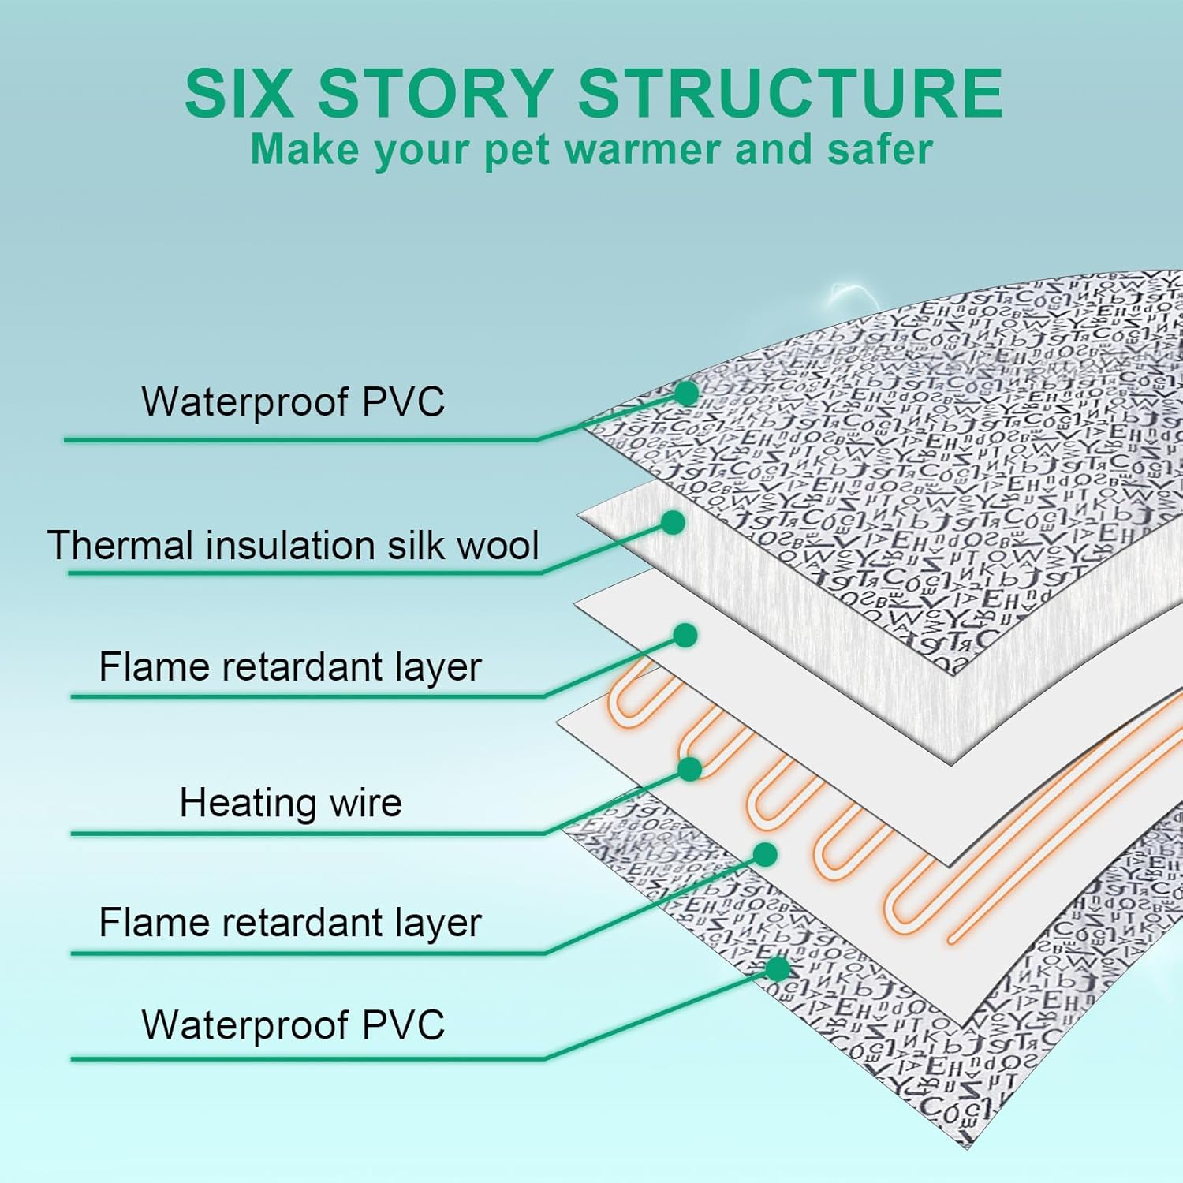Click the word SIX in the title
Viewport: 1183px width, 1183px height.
click(x=238, y=93)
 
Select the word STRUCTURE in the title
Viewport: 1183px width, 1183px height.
click(x=790, y=93)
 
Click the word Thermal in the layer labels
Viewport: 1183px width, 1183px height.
click(x=118, y=545)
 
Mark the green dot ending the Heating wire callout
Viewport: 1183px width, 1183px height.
click(x=690, y=769)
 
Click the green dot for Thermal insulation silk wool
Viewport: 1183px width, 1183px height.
click(x=673, y=522)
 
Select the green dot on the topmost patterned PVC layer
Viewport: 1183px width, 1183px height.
click(x=687, y=393)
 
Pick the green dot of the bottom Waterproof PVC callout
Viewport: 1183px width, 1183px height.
click(x=778, y=968)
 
